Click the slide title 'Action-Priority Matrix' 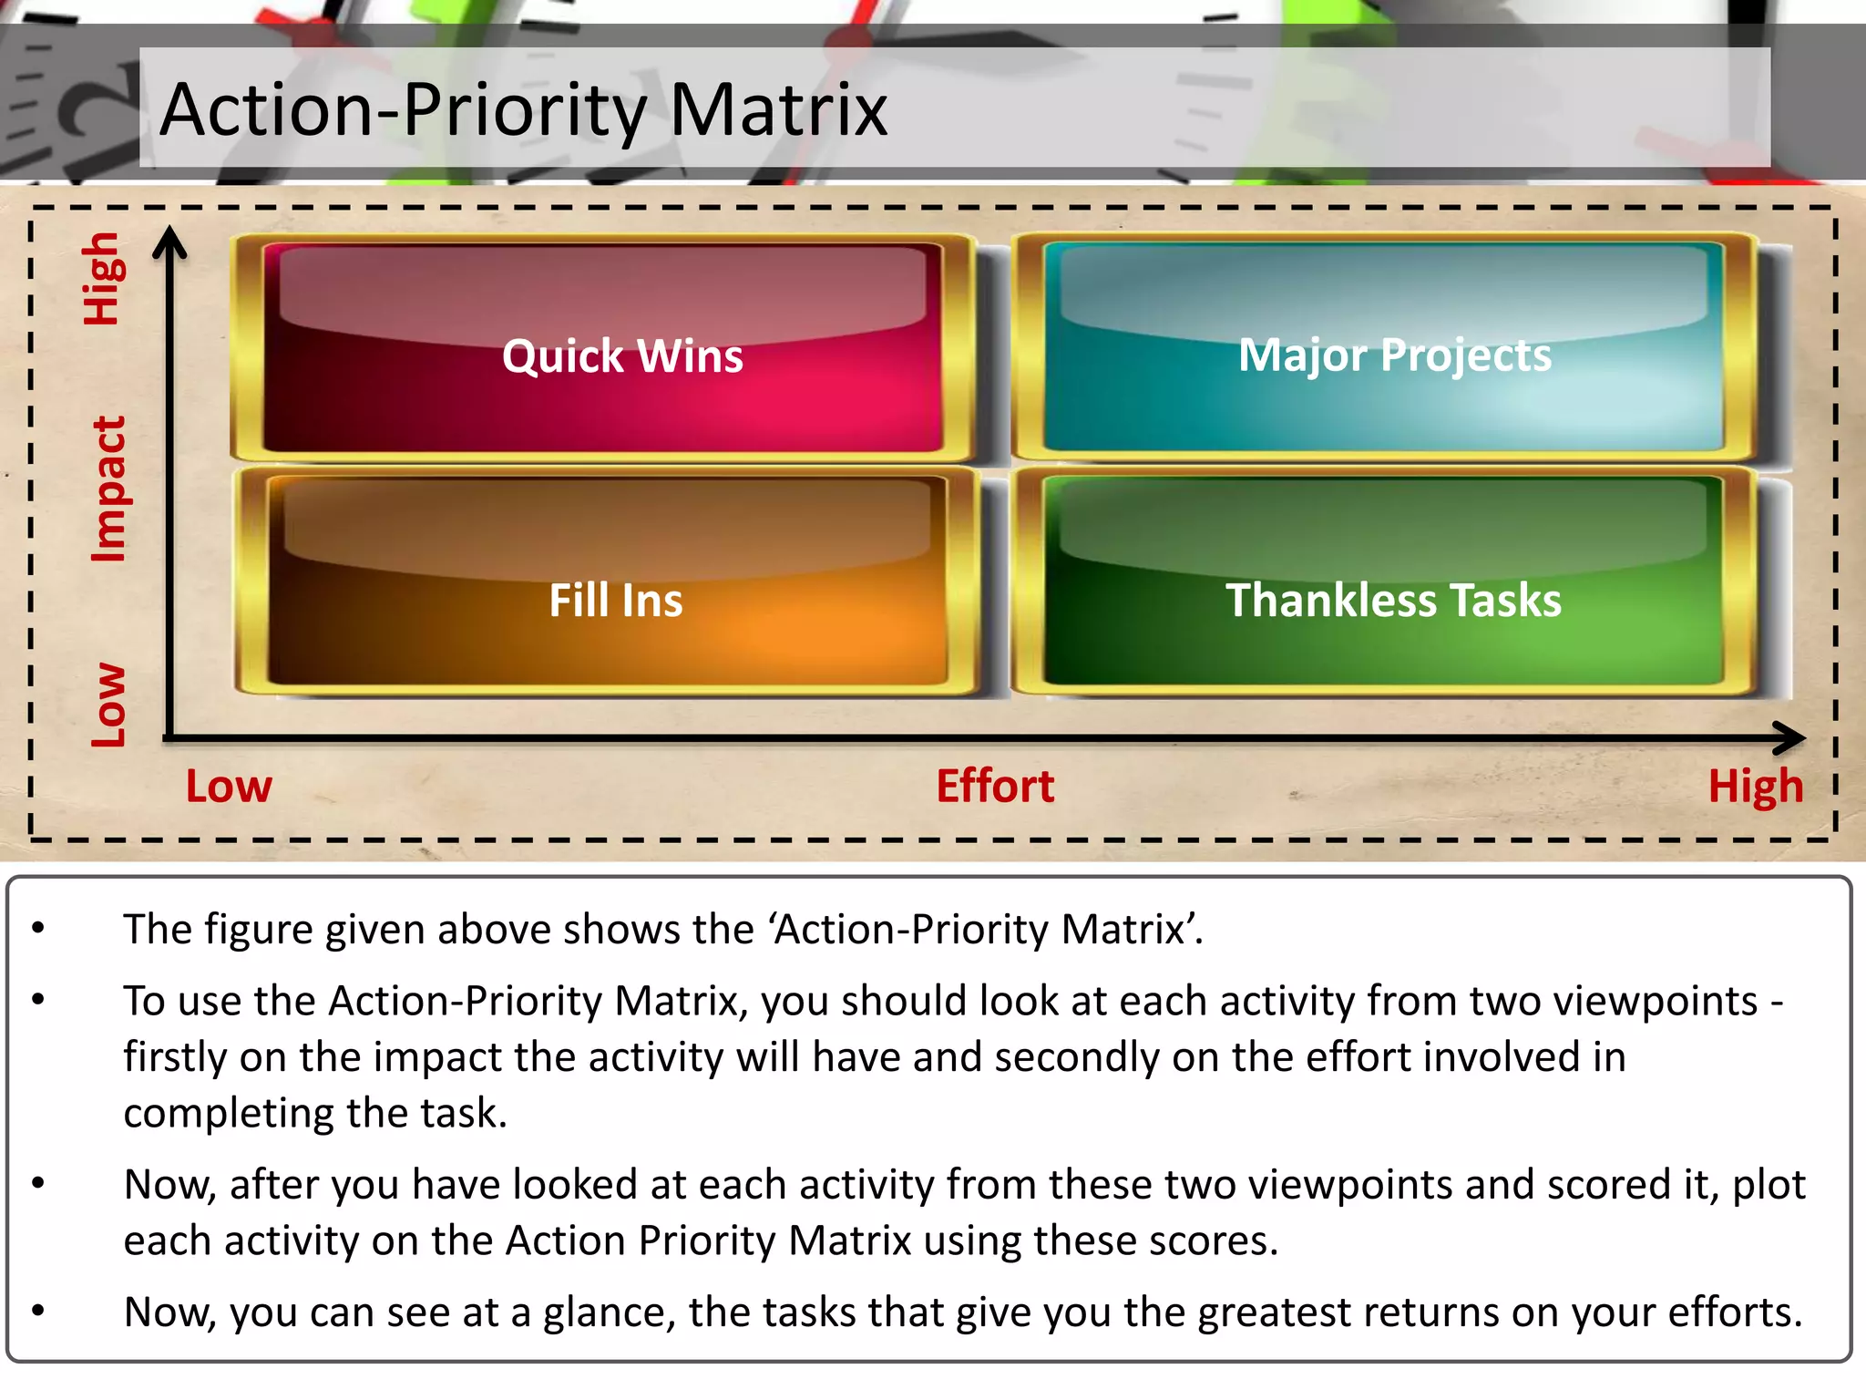pos(523,110)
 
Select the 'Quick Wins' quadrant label pos(622,355)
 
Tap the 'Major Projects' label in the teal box pos(1394,355)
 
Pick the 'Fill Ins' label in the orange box pos(616,601)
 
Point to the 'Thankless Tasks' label pos(1393,601)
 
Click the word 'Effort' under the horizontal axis pos(995,786)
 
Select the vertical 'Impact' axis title pos(108,489)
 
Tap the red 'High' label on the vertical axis pos(101,279)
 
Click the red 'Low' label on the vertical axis pos(108,705)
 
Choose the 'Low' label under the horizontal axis pos(229,786)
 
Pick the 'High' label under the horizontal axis pos(1755,787)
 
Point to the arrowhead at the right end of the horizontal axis pos(1789,737)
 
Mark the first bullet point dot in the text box pos(38,929)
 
